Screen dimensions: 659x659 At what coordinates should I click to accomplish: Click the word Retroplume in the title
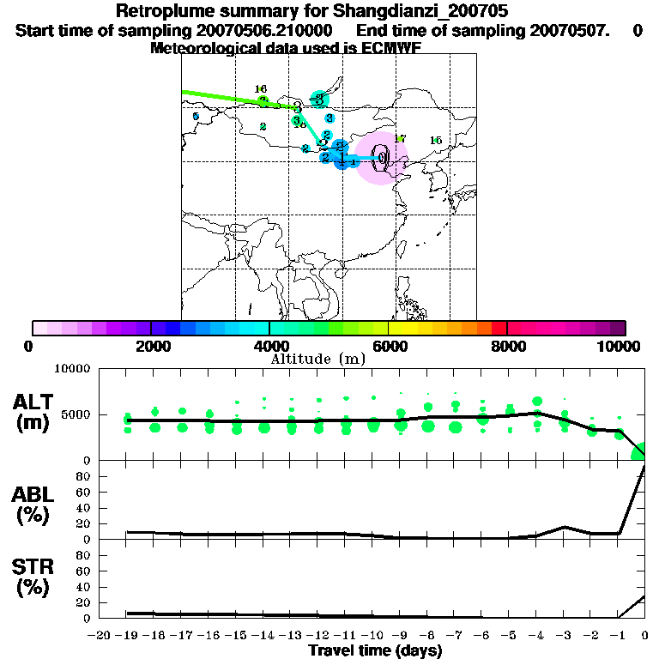pyautogui.click(x=163, y=12)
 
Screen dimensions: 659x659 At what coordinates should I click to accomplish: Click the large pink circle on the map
pyautogui.click(x=381, y=158)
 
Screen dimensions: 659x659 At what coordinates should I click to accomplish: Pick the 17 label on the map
pyautogui.click(x=399, y=139)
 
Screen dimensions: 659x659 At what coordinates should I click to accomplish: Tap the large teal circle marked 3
pyautogui.click(x=319, y=100)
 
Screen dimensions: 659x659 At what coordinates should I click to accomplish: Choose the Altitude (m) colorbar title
pyautogui.click(x=317, y=359)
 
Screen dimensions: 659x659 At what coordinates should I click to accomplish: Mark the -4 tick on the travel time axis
pyautogui.click(x=536, y=635)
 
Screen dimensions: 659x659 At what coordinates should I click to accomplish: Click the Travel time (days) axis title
pyautogui.click(x=375, y=650)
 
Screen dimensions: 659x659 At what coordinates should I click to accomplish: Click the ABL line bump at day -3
pyautogui.click(x=564, y=527)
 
